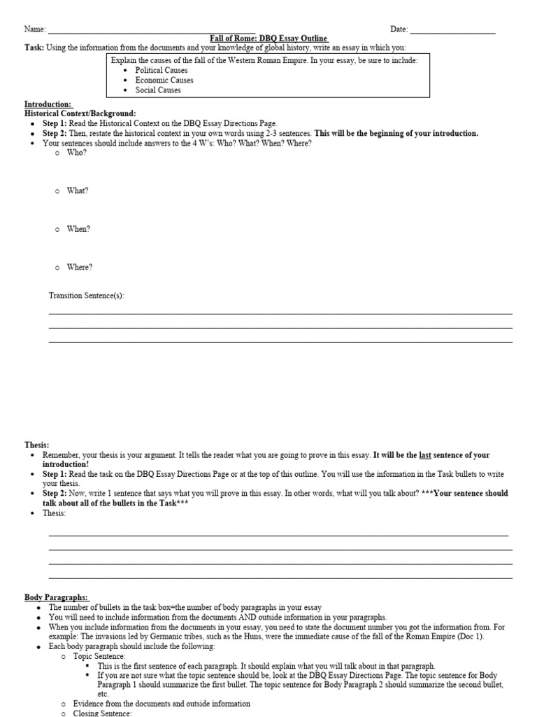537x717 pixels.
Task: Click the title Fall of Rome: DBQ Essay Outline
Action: coord(268,38)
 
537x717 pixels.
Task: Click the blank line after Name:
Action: coord(146,31)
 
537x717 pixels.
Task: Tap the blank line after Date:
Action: coord(452,31)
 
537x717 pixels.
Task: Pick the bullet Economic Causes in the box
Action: coord(164,80)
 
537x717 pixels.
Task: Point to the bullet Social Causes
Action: coord(158,90)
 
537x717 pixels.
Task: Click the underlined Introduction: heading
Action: coord(48,104)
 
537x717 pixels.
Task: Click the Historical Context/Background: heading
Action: coord(80,113)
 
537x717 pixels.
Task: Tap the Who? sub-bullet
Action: coord(77,153)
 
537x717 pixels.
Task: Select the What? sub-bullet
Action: coord(78,190)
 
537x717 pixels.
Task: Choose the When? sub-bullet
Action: coord(78,229)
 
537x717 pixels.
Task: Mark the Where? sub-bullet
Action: coord(79,267)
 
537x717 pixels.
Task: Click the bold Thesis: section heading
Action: coord(37,445)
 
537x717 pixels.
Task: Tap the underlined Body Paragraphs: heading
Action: coord(57,597)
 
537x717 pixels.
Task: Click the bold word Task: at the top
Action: coord(34,47)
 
